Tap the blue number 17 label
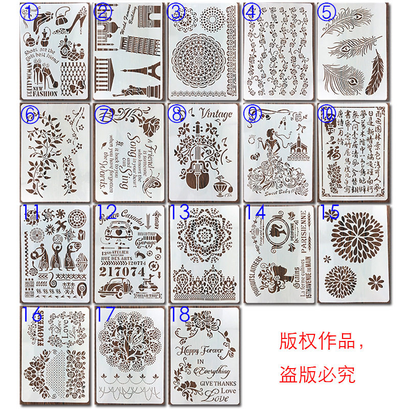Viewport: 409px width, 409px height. point(107,314)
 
